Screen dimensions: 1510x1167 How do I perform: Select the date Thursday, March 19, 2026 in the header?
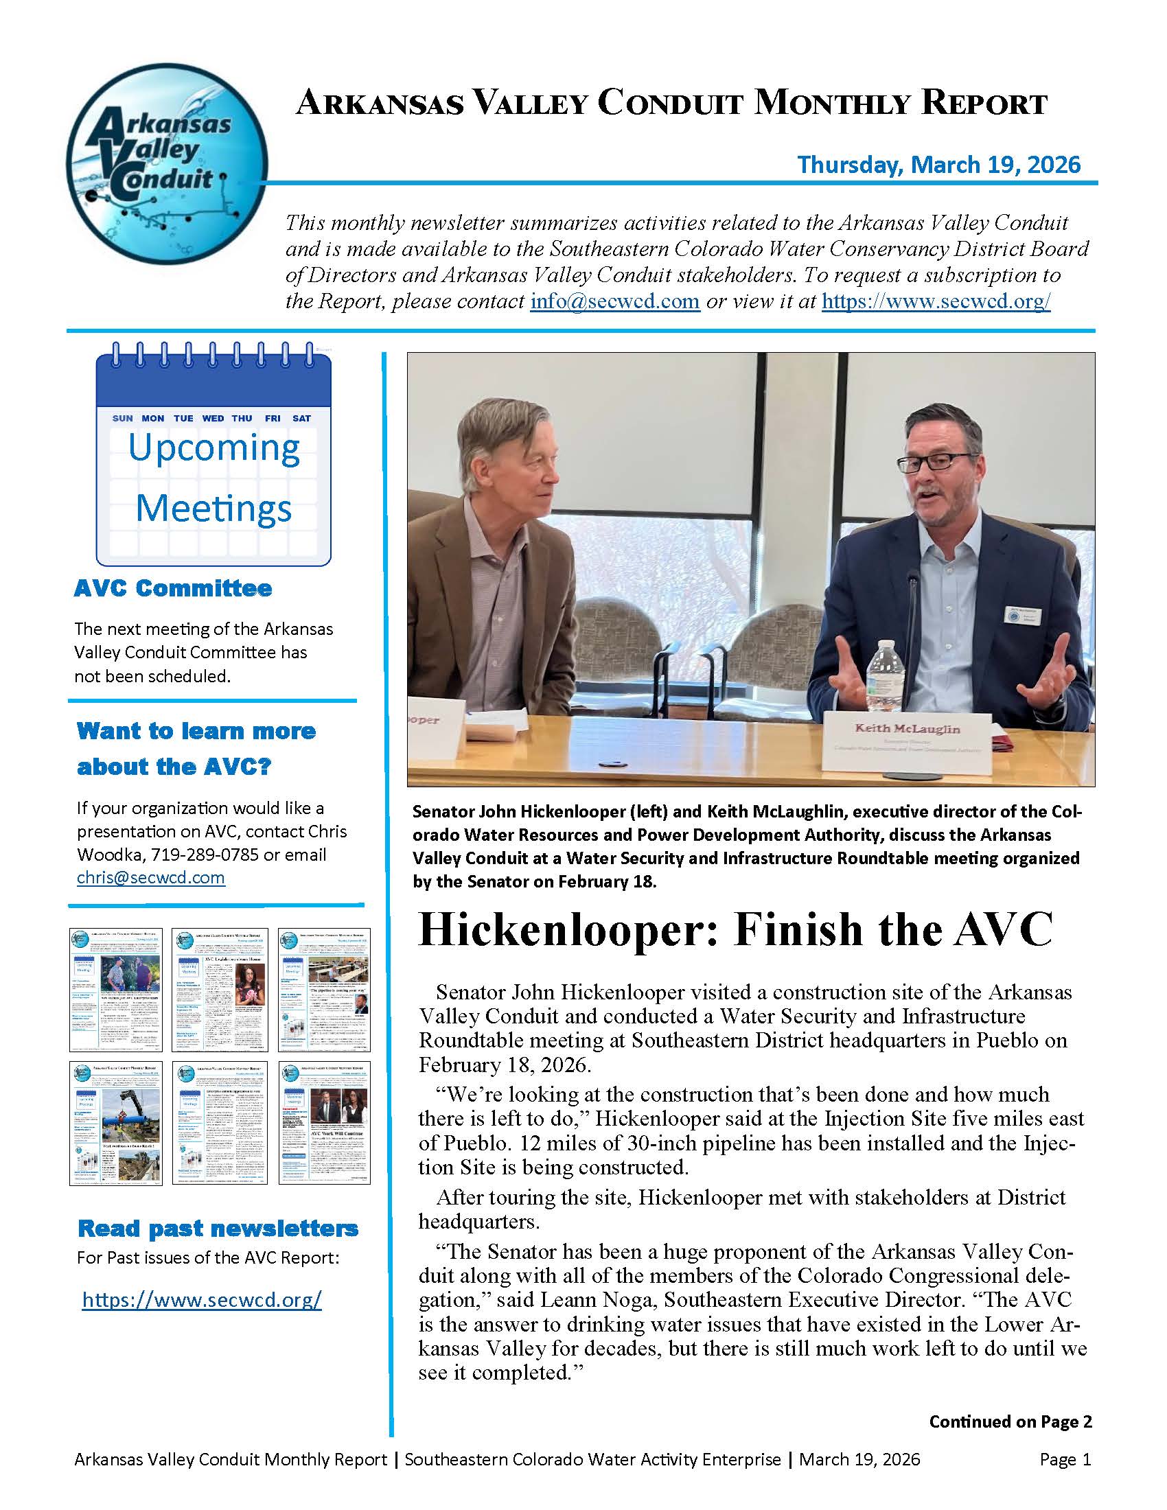938,165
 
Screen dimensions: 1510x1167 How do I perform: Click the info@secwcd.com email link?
614,301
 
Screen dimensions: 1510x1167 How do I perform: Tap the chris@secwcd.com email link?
151,877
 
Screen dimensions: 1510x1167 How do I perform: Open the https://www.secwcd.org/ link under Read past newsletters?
202,1299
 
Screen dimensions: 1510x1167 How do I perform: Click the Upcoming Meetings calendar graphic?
213,456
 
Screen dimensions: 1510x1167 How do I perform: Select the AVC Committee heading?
173,588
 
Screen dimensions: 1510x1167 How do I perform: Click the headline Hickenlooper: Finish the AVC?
736,930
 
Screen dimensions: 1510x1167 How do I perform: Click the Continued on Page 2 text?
1010,1421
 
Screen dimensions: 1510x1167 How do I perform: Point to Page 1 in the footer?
1065,1459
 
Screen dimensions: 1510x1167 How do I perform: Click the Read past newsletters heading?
218,1229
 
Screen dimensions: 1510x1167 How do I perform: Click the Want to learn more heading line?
196,731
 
